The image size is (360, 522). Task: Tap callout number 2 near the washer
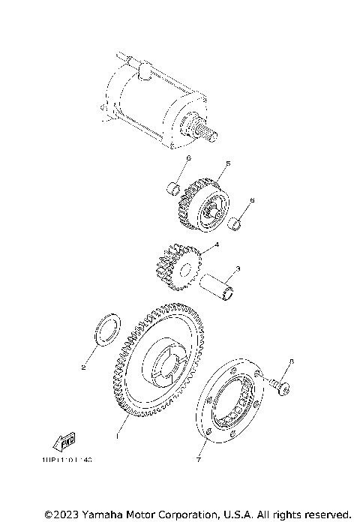point(84,367)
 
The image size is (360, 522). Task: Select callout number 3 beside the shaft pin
point(237,268)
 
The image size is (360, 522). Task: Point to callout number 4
point(217,244)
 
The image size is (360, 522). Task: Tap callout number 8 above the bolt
point(292,362)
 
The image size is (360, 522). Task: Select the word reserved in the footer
point(325,514)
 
